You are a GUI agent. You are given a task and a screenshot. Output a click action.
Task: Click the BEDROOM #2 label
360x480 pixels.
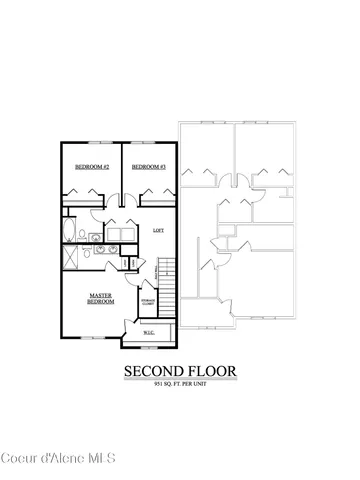[x=92, y=166]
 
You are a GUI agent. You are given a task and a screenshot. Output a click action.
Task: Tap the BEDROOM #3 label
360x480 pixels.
[x=148, y=166]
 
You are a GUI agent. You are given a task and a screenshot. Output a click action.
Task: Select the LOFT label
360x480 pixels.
[x=157, y=231]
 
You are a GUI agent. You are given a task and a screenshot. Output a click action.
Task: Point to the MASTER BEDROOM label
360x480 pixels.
[x=100, y=297]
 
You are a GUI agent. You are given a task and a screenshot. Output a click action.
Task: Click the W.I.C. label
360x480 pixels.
[x=148, y=332]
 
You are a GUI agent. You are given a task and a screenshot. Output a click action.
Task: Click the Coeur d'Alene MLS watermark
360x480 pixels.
[x=60, y=459]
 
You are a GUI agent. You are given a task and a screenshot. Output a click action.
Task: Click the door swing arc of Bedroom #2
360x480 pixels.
[x=78, y=191]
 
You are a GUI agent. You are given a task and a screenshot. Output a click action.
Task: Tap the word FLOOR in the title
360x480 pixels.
[x=213, y=371]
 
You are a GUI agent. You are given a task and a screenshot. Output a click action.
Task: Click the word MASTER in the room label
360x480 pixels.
[x=100, y=294]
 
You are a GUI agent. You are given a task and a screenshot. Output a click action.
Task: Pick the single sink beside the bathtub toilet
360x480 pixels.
[x=96, y=236]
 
